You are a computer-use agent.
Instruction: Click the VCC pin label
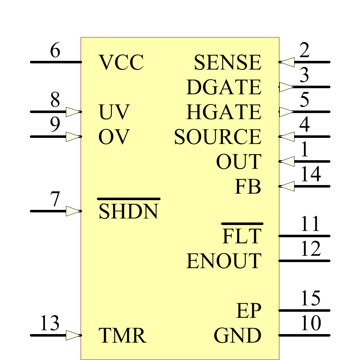pos(121,63)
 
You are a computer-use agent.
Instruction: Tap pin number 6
pos(55,51)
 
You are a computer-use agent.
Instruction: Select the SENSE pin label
pos(227,63)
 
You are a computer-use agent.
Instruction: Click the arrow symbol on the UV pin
pos(73,112)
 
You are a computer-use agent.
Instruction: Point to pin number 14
pos(310,175)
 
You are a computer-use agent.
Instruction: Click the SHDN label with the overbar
pos(128,211)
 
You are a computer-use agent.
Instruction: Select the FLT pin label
pos(241,236)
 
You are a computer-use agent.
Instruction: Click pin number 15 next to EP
pos(310,298)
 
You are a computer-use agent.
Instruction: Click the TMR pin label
pos(122,336)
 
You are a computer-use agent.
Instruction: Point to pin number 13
pos(50,323)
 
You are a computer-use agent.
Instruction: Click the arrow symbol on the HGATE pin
pos(287,112)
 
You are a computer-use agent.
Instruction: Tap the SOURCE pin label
pos(217,137)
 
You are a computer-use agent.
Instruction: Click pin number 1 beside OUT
pos(305,150)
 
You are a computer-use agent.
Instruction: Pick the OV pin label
pos(113,137)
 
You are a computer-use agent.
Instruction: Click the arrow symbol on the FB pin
pos(287,186)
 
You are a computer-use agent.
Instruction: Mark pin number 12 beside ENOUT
pos(310,249)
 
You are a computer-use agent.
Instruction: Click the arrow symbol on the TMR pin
pos(73,336)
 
